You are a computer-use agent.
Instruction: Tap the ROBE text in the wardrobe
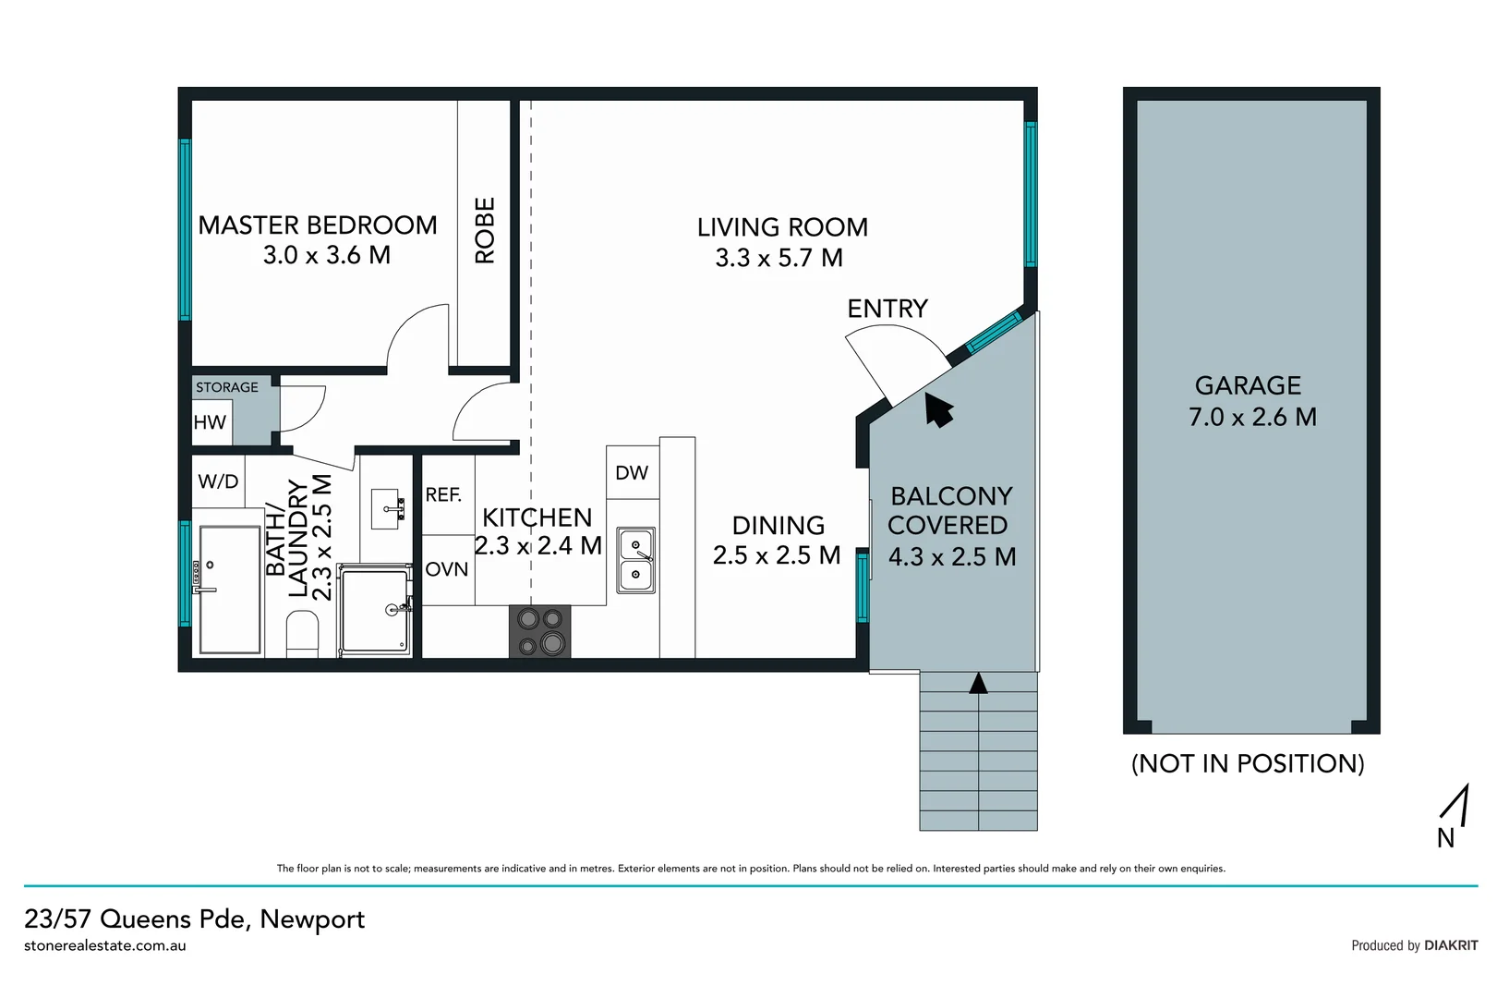pos(485,230)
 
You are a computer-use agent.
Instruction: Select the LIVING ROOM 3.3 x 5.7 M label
pos(781,242)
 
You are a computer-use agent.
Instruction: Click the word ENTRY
pos(887,309)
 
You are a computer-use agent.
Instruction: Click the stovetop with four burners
pos(540,631)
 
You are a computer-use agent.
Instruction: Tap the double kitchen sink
pos(635,560)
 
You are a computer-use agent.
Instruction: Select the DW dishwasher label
pos(632,473)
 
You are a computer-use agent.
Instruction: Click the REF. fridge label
pos(443,495)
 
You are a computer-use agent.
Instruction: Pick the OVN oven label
pos(447,569)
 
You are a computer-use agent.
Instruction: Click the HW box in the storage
pos(210,422)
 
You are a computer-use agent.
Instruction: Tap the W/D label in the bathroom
pos(218,481)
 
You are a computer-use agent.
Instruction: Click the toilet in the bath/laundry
pos(302,638)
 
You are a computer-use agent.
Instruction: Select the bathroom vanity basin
pos(385,508)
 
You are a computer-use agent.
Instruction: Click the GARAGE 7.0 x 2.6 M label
pos(1251,401)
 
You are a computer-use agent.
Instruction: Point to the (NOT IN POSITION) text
pos(1248,763)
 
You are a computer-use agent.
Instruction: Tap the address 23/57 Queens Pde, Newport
pos(195,919)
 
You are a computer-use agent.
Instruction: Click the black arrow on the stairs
pos(978,683)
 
